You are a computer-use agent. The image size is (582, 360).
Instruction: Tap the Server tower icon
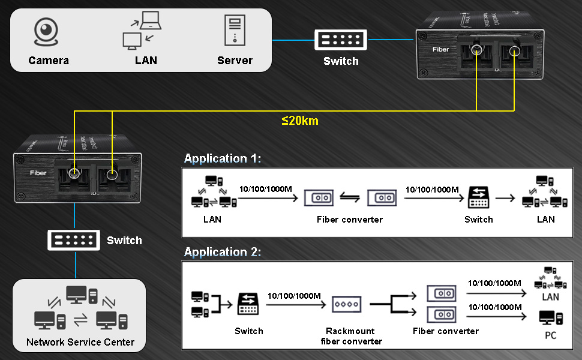[235, 31]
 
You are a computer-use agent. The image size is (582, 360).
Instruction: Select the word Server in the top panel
[235, 61]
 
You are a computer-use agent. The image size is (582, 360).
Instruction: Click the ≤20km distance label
[299, 121]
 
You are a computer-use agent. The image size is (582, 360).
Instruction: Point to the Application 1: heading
[223, 159]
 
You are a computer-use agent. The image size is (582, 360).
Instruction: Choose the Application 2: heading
[223, 253]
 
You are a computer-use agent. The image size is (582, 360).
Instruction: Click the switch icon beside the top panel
[340, 39]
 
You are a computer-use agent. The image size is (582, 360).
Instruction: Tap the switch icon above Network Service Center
[73, 240]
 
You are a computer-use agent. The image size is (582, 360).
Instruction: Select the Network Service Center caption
[80, 343]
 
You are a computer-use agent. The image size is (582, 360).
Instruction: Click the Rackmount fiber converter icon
[347, 304]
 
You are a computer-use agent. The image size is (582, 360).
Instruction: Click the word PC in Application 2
[550, 335]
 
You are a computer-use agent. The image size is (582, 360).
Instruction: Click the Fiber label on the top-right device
[440, 49]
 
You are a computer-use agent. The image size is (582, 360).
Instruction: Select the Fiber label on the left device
[38, 173]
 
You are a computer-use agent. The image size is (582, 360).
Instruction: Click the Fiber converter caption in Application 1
[350, 220]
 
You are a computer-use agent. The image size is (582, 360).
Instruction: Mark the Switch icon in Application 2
[248, 304]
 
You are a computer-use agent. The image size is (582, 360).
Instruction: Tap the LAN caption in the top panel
[146, 61]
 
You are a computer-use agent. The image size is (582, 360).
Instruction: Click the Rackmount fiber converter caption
[350, 336]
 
